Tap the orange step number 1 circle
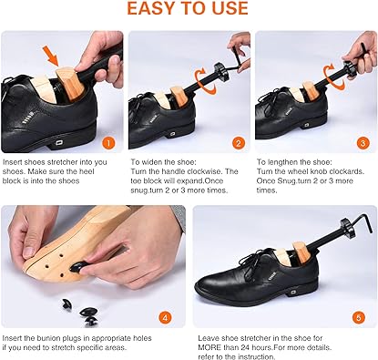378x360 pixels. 107,143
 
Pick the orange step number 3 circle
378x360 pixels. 363,143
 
